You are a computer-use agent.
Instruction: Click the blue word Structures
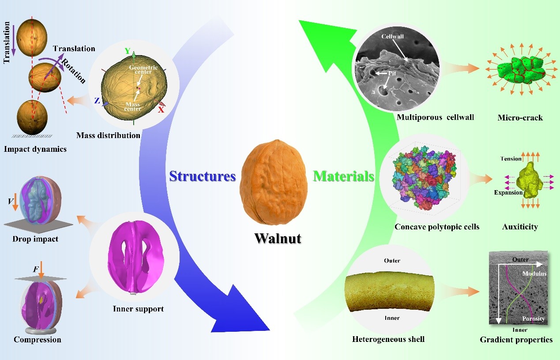203,176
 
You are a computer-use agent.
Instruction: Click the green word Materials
344,176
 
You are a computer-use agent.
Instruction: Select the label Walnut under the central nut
278,239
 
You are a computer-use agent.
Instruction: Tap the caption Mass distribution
108,135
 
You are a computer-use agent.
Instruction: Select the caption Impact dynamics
35,149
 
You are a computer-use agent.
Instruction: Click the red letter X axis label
161,109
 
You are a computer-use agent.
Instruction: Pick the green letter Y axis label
128,51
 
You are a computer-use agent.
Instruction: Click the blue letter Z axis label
96,101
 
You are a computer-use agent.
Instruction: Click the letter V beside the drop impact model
10,202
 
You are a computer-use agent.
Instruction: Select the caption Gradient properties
516,339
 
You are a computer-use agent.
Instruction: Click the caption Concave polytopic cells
437,227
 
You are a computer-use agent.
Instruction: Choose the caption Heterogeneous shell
388,339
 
